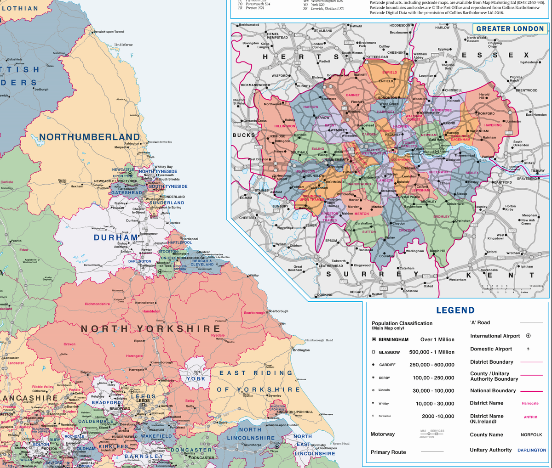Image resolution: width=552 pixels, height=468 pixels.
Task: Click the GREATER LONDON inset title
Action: (x=510, y=29)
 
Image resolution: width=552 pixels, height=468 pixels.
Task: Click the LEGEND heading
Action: (x=455, y=310)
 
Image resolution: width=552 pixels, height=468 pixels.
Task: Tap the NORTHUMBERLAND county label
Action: (x=89, y=137)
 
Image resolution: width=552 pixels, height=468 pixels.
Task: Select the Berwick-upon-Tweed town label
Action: (x=109, y=32)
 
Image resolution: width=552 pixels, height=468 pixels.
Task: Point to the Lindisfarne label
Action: (x=123, y=45)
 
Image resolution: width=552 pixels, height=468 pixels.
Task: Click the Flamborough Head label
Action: (x=319, y=340)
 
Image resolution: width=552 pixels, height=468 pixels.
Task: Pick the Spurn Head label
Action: (x=341, y=444)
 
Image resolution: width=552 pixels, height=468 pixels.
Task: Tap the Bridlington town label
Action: (x=301, y=350)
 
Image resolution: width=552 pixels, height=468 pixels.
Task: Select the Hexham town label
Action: (x=76, y=186)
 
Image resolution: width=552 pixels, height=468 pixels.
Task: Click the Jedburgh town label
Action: (x=41, y=90)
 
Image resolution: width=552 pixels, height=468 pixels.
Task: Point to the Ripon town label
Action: (x=138, y=341)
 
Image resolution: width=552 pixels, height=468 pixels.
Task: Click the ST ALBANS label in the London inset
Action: (x=323, y=31)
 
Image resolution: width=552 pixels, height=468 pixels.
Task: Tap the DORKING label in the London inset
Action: (x=325, y=295)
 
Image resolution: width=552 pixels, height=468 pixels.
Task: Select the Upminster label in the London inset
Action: (x=513, y=122)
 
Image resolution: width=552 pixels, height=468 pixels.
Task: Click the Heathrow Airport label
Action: (x=284, y=177)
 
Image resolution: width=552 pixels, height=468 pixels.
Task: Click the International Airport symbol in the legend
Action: (x=528, y=336)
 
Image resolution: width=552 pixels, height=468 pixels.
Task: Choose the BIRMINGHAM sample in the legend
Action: (x=393, y=340)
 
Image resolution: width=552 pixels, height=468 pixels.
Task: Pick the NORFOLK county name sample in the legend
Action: (x=531, y=434)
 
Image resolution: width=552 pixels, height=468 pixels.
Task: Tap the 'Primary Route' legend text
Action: (x=388, y=452)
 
